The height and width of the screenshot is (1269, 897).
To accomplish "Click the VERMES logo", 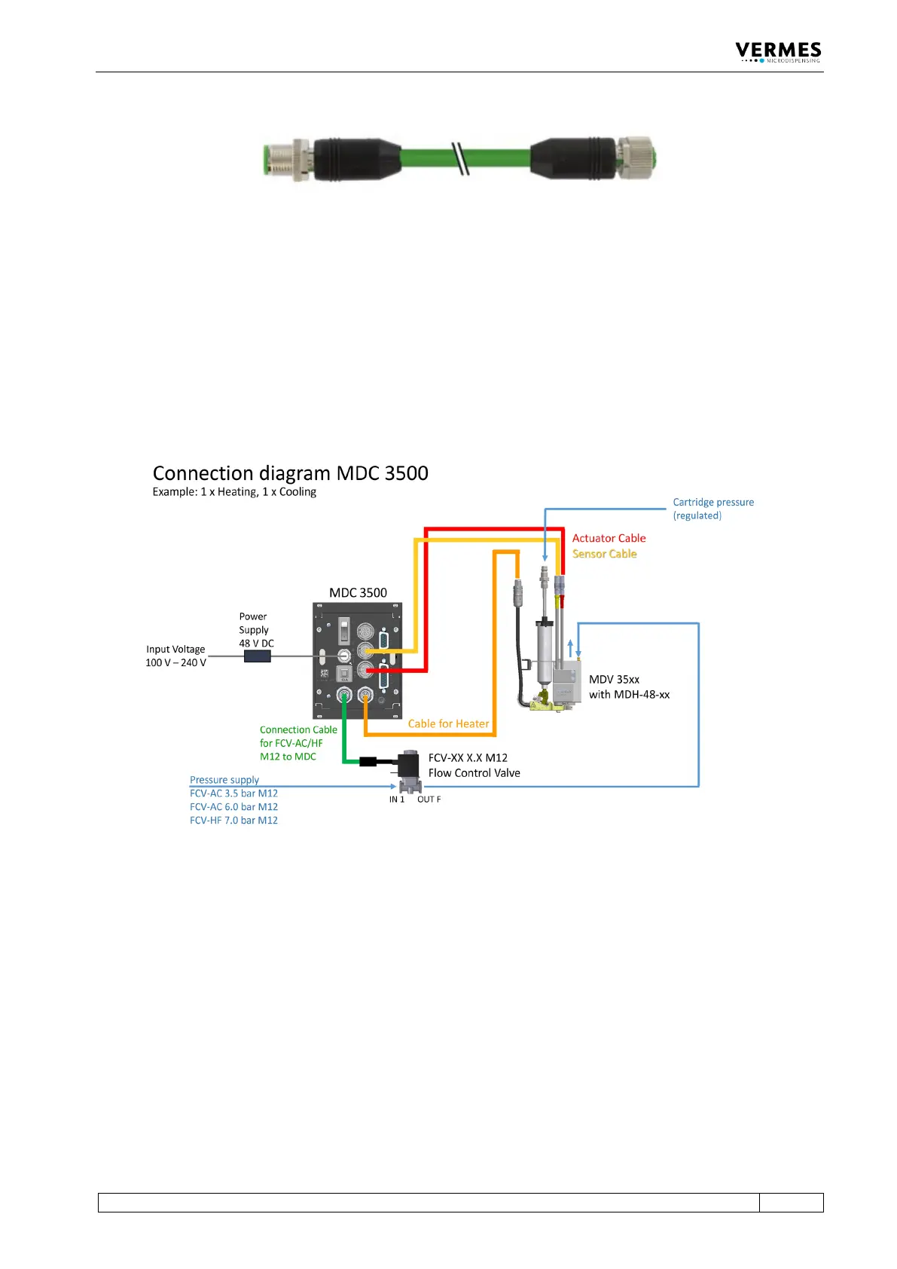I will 778,52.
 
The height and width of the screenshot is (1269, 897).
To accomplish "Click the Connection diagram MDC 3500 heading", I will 290,473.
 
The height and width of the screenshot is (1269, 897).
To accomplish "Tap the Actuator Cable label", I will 609,538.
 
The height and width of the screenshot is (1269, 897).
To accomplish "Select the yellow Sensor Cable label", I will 604,554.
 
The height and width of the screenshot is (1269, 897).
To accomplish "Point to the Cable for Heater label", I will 448,723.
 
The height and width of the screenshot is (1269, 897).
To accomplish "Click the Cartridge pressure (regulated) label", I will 712,509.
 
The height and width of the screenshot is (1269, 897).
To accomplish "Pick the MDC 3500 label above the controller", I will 358,593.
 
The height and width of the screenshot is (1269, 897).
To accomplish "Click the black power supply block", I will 257,656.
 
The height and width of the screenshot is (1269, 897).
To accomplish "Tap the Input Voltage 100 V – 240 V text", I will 175,656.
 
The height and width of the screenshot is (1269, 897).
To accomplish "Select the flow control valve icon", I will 409,770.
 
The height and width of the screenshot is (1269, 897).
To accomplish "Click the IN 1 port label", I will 397,800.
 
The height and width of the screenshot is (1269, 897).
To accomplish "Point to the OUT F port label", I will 429,800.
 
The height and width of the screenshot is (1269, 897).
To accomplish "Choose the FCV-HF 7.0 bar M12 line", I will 233,821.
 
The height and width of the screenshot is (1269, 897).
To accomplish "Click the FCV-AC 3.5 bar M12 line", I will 233,794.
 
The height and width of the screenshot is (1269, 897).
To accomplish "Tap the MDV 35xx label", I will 614,680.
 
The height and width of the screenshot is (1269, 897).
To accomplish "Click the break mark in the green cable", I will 460,159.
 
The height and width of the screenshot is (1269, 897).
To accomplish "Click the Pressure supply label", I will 224,780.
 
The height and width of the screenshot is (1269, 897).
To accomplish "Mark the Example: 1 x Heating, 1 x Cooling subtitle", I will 234,492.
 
